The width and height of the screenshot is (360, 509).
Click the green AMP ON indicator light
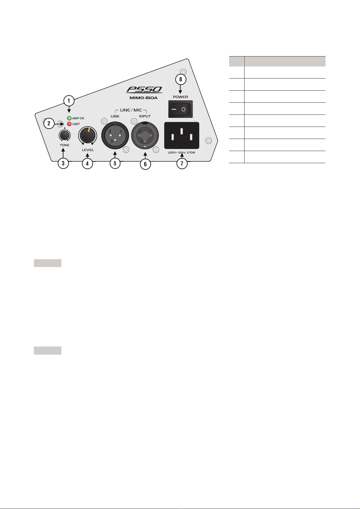pos(69,118)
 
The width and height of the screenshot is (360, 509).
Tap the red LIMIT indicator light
pos(69,124)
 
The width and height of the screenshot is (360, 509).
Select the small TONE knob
pos(64,136)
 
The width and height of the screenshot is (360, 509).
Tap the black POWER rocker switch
pos(180,109)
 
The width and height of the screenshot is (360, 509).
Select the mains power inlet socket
pos(181,135)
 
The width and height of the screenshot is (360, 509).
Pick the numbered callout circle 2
pos(49,124)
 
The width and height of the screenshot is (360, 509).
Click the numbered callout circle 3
pos(63,163)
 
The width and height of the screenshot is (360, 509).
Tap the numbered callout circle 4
pos(87,163)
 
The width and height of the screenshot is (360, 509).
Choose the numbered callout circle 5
pos(115,163)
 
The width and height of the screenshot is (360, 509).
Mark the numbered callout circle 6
pos(145,164)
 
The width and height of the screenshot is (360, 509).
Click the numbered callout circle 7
pos(182,164)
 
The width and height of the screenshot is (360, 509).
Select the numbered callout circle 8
pos(181,79)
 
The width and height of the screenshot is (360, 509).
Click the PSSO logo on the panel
pos(144,90)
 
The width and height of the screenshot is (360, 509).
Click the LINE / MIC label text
pos(131,110)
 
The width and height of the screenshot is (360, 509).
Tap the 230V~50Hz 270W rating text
pos(181,153)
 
